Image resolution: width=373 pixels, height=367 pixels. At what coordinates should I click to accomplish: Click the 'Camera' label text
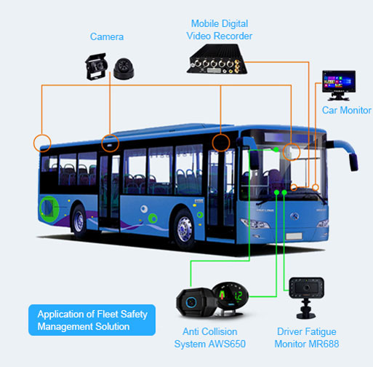tap(107, 37)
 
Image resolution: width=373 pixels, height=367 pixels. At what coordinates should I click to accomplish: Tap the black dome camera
tap(124, 68)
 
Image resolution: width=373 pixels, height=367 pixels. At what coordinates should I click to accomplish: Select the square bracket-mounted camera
tap(96, 66)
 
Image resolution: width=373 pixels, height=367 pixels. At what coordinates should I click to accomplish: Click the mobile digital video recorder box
tap(217, 59)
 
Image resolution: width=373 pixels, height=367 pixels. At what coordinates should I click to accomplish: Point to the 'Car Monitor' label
tap(347, 110)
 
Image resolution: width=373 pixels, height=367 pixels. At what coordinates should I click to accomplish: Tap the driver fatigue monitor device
tap(307, 298)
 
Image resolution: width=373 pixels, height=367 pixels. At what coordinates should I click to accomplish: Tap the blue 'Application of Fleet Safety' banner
tap(92, 320)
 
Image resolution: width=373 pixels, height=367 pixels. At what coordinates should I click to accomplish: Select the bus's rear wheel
tap(79, 221)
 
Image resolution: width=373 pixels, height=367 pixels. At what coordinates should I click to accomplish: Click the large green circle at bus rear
tap(49, 208)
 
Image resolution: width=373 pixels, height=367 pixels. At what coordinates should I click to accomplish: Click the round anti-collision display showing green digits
tap(230, 296)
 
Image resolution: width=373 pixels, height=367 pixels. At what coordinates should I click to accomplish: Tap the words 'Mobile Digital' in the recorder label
tap(220, 24)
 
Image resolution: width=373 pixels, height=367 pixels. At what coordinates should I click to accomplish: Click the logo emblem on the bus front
tap(294, 216)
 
